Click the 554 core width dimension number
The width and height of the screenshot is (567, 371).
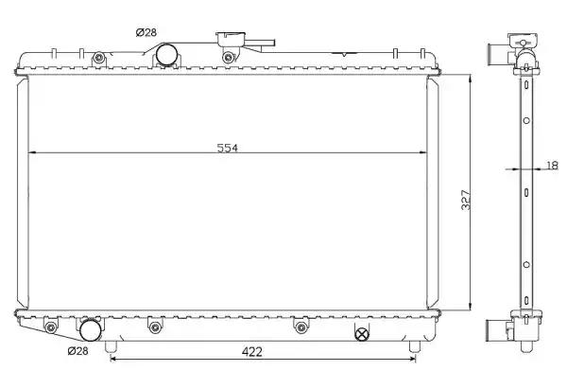point(228,148)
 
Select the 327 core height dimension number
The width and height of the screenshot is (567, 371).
point(466,200)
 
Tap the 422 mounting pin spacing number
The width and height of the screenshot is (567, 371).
point(251,351)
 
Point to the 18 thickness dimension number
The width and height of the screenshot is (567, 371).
point(552,166)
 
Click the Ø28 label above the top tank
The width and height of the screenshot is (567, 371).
point(146,32)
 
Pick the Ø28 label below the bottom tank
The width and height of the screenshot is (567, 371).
point(77,351)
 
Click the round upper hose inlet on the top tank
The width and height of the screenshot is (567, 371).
point(166,55)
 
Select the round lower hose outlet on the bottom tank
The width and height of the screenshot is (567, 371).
point(90,330)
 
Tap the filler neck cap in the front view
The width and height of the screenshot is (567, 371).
point(232,38)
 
